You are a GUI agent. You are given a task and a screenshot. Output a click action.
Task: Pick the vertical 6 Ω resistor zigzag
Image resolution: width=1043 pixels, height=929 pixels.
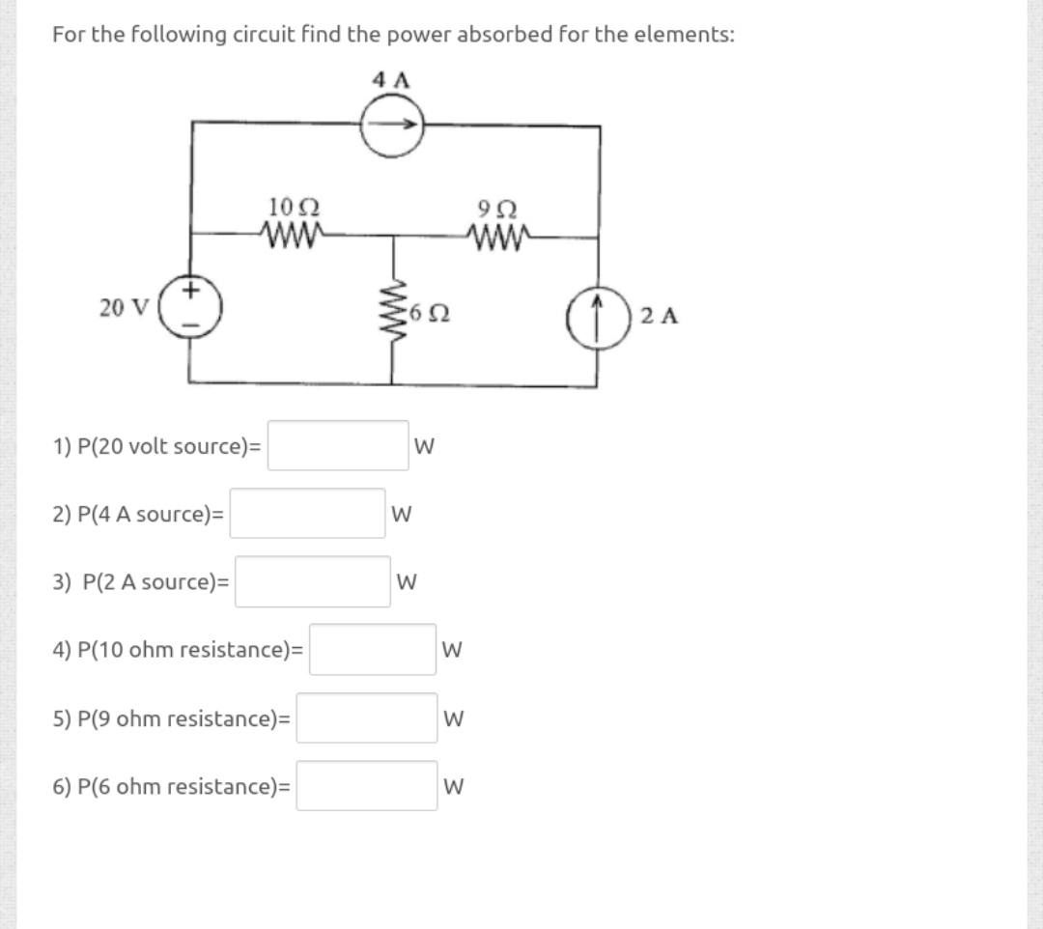click(x=393, y=310)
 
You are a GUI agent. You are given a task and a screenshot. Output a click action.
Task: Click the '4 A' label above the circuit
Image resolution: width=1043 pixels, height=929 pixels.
click(x=391, y=81)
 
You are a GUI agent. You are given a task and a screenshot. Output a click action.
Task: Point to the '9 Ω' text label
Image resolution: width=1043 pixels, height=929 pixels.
click(x=496, y=207)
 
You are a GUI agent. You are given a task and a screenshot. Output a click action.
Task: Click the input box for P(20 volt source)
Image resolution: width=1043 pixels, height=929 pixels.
click(x=338, y=446)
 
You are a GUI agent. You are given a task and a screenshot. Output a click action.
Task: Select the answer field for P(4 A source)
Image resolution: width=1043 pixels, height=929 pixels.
click(x=307, y=514)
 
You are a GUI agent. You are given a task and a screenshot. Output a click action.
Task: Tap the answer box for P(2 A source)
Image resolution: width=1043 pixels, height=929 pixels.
click(x=312, y=582)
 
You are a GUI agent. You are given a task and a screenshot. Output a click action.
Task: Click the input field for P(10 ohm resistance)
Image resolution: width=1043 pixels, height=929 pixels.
click(x=373, y=650)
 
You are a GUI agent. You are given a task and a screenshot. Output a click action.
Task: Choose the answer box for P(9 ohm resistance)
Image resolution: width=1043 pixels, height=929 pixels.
click(x=366, y=718)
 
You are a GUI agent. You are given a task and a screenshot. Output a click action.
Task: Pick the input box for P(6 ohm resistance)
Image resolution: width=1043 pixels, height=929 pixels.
click(x=366, y=786)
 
